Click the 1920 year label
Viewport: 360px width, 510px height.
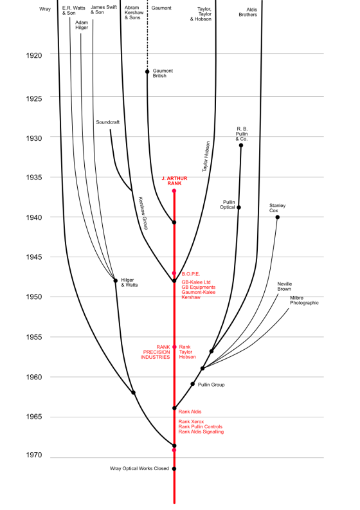click(34, 55)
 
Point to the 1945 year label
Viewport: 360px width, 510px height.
click(34, 258)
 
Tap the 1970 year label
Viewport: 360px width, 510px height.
click(34, 455)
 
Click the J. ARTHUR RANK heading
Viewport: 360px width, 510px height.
click(174, 181)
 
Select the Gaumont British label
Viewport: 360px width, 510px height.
click(163, 73)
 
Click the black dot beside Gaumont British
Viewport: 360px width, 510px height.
click(147, 71)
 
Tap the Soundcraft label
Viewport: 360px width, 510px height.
click(107, 122)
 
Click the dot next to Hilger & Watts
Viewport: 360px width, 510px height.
click(116, 280)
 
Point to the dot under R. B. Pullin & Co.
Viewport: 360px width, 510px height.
click(241, 145)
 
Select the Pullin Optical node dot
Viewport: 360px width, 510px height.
click(239, 208)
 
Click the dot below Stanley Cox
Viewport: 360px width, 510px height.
click(278, 217)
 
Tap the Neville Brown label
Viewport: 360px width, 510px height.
click(285, 287)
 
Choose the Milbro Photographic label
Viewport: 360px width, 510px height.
click(304, 300)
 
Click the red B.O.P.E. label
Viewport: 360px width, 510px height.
click(191, 274)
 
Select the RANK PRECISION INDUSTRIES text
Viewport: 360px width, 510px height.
click(155, 352)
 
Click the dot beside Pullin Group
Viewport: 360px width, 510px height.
click(192, 384)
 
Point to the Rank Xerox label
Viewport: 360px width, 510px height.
click(191, 422)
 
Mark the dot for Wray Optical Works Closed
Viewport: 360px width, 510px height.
click(174, 469)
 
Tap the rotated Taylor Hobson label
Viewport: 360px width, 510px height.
click(206, 156)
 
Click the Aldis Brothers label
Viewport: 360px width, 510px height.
click(248, 12)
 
